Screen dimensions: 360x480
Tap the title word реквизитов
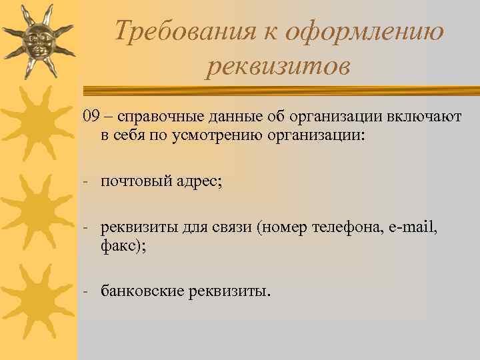[277, 66]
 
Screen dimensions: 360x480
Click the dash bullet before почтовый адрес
[86, 183]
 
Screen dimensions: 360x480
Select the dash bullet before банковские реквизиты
[86, 291]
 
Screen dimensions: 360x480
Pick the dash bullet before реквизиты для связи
[86, 227]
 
